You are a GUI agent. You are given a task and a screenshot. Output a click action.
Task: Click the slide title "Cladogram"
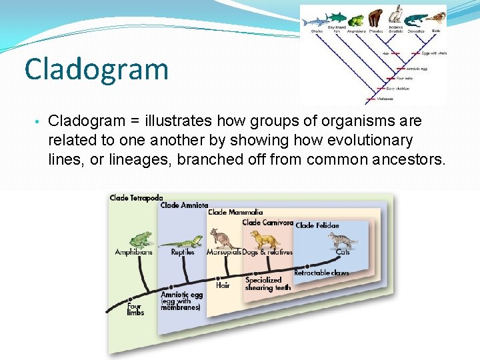[x=96, y=69]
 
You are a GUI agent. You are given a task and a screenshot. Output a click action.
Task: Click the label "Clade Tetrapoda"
[x=137, y=198]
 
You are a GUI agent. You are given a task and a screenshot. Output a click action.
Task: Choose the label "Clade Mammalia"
[x=235, y=212]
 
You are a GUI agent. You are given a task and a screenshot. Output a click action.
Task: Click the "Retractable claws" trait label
[x=321, y=273]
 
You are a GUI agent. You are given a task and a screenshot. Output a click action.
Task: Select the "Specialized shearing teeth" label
[x=263, y=283]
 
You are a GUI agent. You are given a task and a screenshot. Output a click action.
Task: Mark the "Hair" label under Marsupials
[x=223, y=285]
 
